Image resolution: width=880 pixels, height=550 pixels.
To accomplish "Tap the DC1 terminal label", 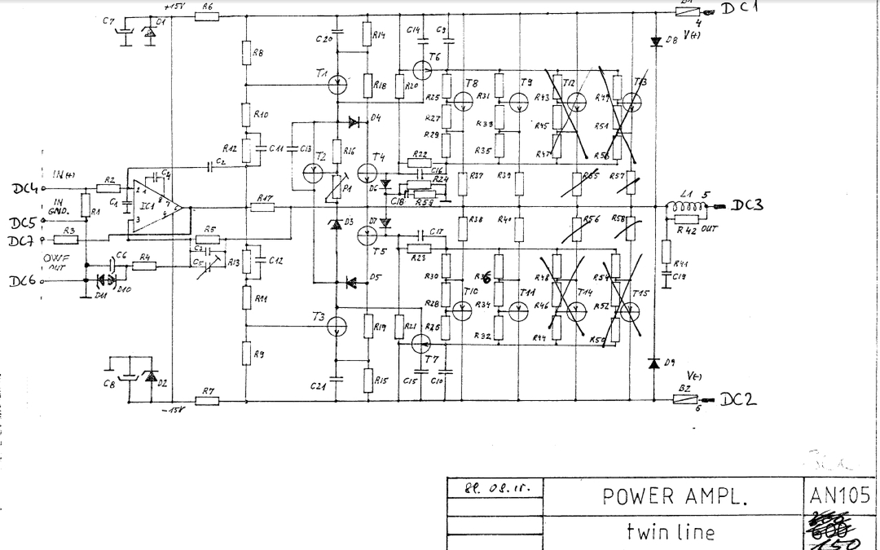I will (x=740, y=9).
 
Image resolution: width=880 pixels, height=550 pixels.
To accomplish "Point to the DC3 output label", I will (x=747, y=206).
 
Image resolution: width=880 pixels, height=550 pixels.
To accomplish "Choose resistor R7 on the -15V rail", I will (x=208, y=401).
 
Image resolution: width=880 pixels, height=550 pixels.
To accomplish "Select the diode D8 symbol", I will (x=656, y=41).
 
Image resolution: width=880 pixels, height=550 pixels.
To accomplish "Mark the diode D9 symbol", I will (x=655, y=362).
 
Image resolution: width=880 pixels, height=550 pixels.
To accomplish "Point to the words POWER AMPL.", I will (x=674, y=496).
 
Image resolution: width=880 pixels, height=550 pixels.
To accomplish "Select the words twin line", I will (x=670, y=532).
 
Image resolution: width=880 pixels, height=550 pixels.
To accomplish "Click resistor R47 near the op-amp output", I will (x=265, y=206).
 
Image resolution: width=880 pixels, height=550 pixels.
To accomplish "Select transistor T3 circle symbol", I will (x=338, y=327).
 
